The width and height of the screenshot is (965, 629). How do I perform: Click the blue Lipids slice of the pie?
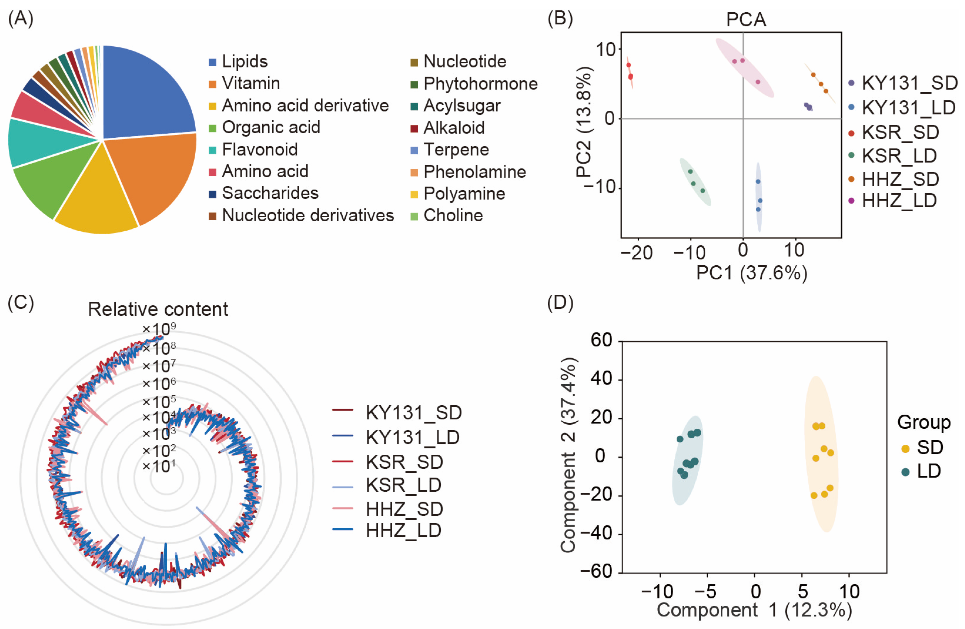click(x=146, y=93)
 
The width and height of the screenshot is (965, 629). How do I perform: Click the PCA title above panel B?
click(x=746, y=19)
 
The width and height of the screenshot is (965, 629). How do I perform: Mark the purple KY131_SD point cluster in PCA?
click(x=808, y=107)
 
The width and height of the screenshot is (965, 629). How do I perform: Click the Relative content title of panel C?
click(x=158, y=309)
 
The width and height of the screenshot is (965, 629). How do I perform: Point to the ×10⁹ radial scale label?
click(x=159, y=328)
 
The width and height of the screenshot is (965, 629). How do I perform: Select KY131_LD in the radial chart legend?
click(x=412, y=437)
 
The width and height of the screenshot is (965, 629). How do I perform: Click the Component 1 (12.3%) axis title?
click(x=754, y=610)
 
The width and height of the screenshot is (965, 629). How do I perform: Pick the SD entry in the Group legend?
click(x=929, y=447)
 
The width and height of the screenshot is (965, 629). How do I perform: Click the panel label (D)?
click(x=560, y=303)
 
